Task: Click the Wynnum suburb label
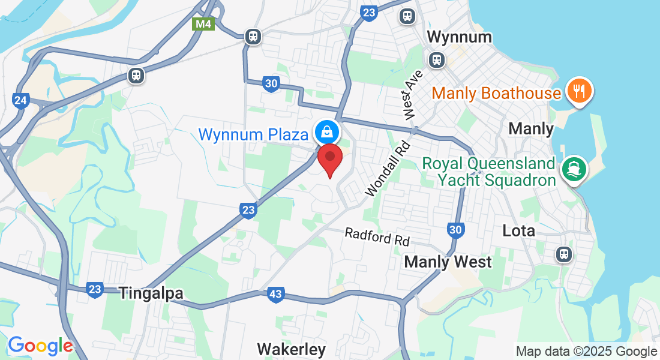point(459,37)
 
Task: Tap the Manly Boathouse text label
point(496,94)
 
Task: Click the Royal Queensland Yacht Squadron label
point(488,172)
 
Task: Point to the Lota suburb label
point(518,230)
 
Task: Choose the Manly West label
point(448,262)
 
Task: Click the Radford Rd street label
point(377,237)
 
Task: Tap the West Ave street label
point(410,94)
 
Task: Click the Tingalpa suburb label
point(151,293)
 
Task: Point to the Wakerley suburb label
point(291,349)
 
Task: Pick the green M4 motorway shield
point(203,24)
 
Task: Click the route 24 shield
point(20,100)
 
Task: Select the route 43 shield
point(275,294)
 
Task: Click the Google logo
point(40,346)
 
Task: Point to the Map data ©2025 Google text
point(586,352)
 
